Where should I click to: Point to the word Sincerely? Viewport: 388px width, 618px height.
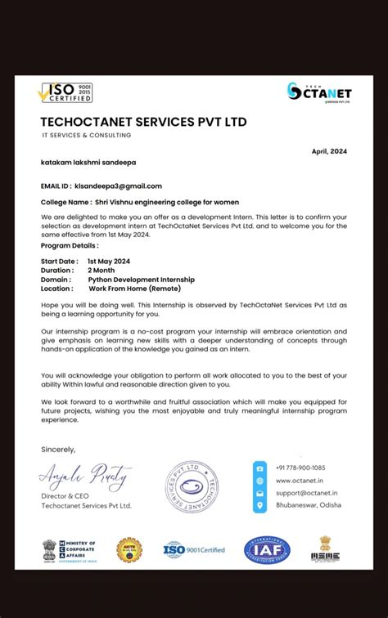(x=58, y=450)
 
